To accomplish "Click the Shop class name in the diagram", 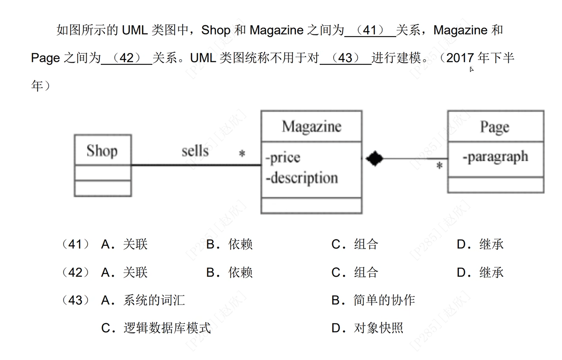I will (x=102, y=150).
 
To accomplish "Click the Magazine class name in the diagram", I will (x=311, y=126).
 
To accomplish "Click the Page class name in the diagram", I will (x=495, y=127).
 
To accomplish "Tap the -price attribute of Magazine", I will (x=283, y=158).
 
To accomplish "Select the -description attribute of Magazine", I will (x=302, y=178).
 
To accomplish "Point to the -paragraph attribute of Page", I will (x=495, y=157).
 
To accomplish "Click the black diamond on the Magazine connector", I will (x=374, y=158).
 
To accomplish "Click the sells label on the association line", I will (x=195, y=151).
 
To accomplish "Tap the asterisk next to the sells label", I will (x=242, y=153).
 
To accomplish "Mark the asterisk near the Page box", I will (x=439, y=166).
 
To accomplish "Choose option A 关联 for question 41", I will (x=125, y=244).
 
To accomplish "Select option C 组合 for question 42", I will (x=355, y=272).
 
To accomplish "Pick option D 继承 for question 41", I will (x=480, y=244).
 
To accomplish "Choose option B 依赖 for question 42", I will (x=230, y=272).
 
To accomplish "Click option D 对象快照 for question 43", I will (x=368, y=328).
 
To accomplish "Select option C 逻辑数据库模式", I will (x=156, y=328).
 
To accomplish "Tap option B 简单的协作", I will (x=373, y=300).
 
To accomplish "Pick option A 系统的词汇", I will (x=143, y=300).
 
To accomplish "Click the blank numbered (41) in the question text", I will (x=370, y=30).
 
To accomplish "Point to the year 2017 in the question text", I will (x=460, y=58).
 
